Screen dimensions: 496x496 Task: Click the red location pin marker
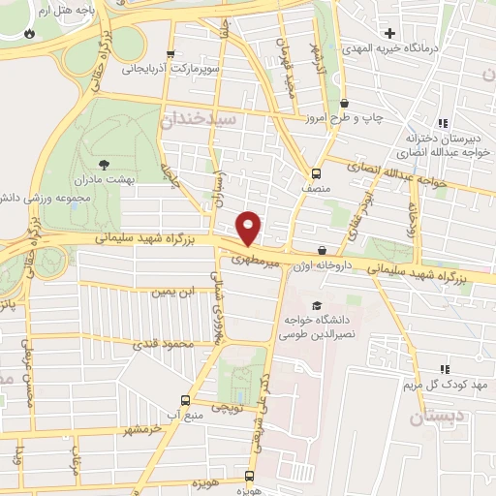(249, 229)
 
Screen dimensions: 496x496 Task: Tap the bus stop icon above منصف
(316, 173)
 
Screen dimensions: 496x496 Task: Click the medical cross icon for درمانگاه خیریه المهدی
(389, 34)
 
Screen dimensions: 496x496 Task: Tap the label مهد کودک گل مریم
(445, 385)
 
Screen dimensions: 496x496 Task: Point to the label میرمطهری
(257, 259)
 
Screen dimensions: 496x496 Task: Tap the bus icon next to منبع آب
(185, 400)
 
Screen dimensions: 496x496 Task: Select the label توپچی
(229, 410)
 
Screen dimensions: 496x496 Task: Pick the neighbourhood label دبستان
(429, 418)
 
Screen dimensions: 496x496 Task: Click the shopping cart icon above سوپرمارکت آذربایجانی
(170, 54)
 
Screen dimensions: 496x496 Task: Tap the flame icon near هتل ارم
(30, 34)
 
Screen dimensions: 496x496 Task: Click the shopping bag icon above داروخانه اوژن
(322, 251)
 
